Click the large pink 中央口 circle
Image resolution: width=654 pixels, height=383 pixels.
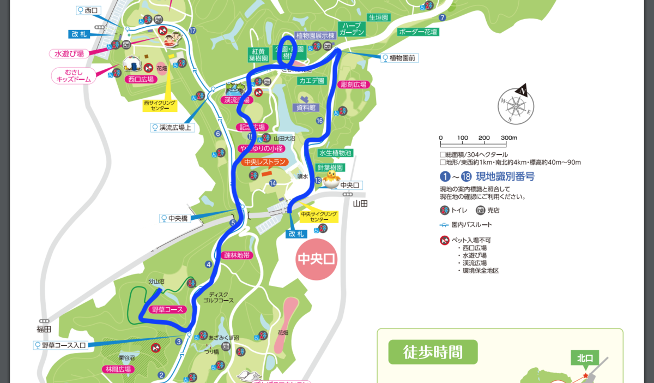click(316, 259)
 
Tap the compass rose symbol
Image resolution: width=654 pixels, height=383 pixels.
click(515, 105)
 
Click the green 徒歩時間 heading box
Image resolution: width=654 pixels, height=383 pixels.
click(433, 352)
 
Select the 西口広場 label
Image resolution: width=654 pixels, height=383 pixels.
click(141, 79)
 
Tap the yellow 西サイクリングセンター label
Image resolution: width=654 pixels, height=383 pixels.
click(160, 105)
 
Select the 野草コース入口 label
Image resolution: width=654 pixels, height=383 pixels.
click(64, 345)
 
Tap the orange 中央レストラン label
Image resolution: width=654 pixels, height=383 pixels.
click(265, 162)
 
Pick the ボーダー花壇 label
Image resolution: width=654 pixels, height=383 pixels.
click(418, 32)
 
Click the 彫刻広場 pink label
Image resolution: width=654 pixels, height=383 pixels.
click(353, 85)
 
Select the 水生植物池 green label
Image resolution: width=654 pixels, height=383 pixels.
click(335, 153)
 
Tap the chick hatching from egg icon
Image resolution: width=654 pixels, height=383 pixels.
click(331, 178)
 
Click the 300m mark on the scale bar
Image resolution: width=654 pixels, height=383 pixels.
click(508, 138)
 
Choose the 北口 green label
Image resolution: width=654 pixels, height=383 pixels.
click(584, 358)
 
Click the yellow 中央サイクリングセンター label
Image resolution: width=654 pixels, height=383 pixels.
click(319, 217)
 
